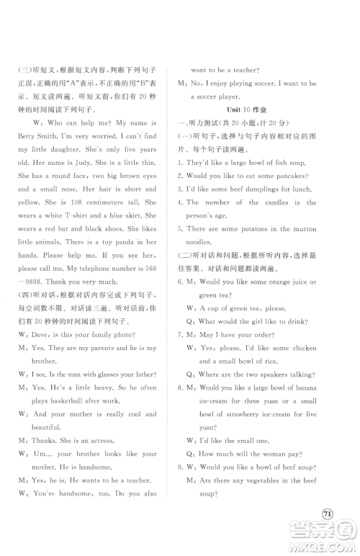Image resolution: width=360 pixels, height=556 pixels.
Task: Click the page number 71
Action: click(x=328, y=513)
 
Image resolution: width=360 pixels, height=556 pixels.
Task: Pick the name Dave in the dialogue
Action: click(x=35, y=333)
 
